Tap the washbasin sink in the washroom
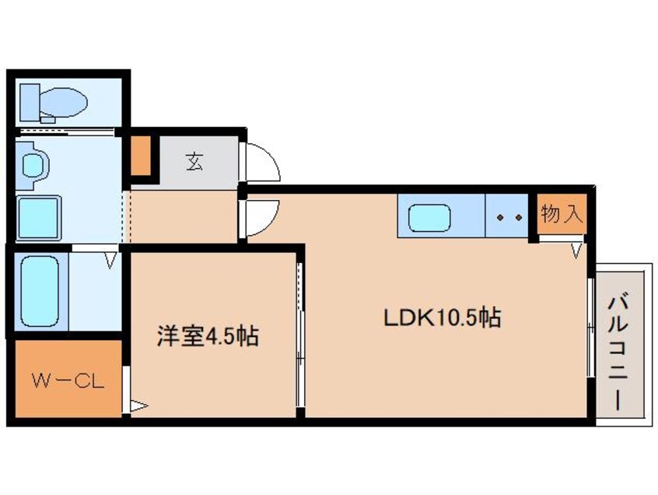click(33, 164)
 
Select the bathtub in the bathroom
click(38, 290)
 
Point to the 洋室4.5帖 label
click(208, 336)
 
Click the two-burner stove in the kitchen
click(507, 219)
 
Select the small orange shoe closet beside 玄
click(140, 156)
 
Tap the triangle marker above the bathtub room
click(112, 258)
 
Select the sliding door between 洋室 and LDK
click(299, 335)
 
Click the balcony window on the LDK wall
click(590, 335)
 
